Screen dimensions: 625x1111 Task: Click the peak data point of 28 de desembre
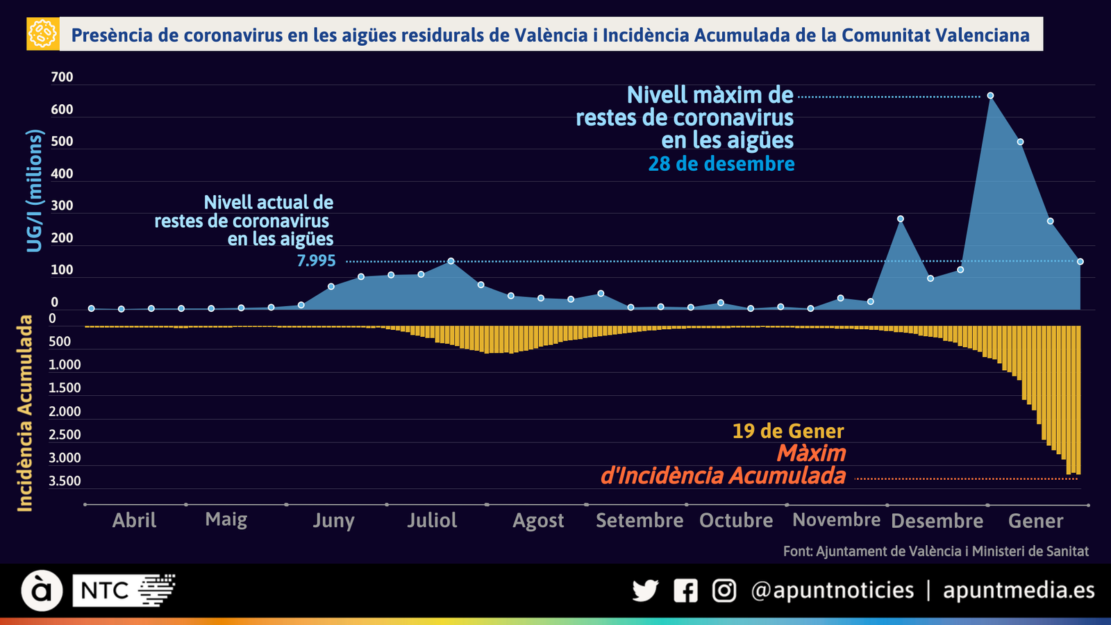[x=990, y=96]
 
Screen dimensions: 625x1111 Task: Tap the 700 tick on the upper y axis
[x=62, y=77]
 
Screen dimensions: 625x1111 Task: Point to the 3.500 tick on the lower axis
[x=65, y=481]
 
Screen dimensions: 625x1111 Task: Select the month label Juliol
[x=432, y=520]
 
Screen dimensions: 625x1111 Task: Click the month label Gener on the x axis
[x=1035, y=521]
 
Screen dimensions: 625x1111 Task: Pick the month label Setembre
[x=639, y=520]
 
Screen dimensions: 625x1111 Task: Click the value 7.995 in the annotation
[x=316, y=261]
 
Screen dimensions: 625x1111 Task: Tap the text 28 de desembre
[x=721, y=164]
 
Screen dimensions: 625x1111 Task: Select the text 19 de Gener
[x=788, y=431]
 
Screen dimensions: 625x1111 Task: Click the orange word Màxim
[x=811, y=453]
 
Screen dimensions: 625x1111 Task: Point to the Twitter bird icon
[x=645, y=591]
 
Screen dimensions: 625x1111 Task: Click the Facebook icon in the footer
[x=685, y=591]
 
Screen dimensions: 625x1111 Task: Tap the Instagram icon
[x=724, y=591]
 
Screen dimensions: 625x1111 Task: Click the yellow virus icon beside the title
[x=42, y=33]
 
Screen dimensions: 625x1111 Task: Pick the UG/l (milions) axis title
[x=35, y=190]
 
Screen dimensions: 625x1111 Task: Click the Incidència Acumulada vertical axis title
[x=25, y=413]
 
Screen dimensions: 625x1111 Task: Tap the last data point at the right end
[x=1080, y=262]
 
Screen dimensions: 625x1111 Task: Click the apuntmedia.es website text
[x=1019, y=590]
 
